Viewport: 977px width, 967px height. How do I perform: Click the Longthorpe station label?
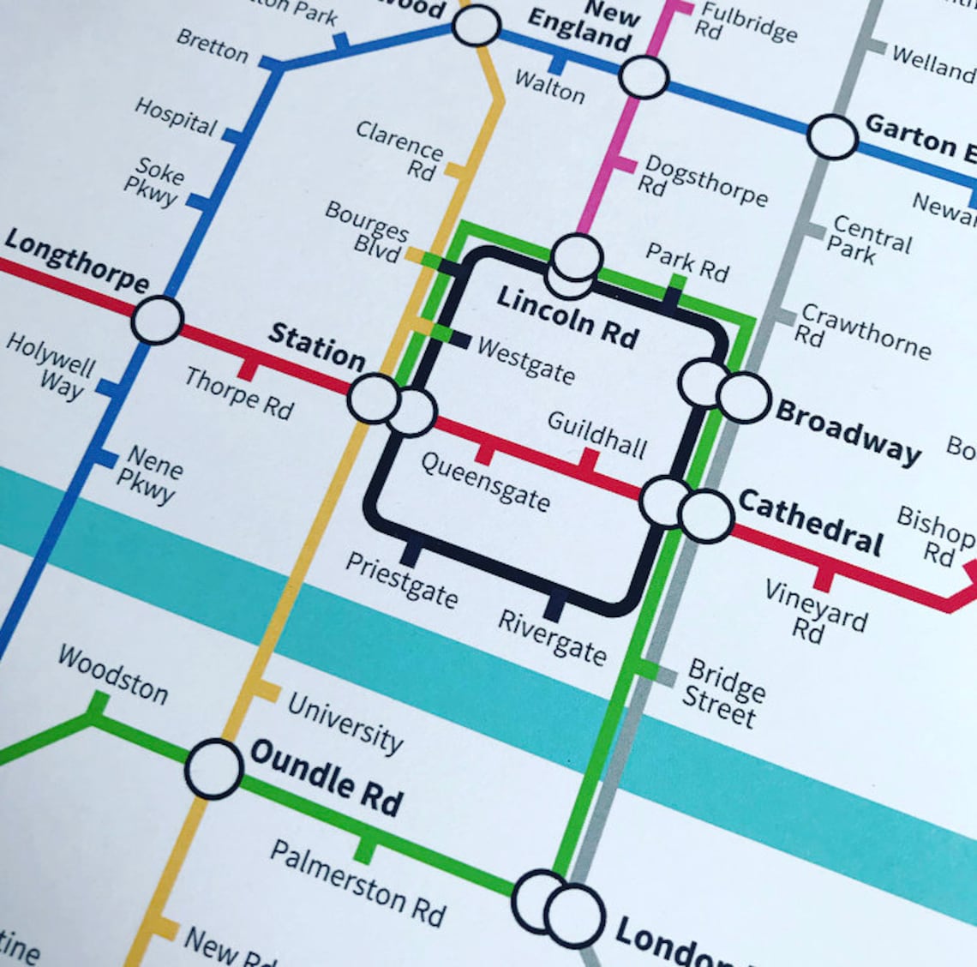pos(76,260)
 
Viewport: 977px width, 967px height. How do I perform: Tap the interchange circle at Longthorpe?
pos(157,320)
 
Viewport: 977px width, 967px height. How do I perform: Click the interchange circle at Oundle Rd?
pos(213,769)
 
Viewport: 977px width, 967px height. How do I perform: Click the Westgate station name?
pos(525,359)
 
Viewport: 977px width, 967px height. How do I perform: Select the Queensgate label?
pos(485,481)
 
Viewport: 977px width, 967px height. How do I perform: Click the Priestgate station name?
pos(401,580)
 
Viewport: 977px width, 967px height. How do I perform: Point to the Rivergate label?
pos(553,635)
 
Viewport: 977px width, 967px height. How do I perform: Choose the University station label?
pos(345,723)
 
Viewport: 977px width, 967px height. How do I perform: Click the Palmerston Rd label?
pos(358,882)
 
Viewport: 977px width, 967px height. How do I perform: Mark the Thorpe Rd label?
pos(239,393)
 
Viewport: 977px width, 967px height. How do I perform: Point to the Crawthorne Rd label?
pos(860,333)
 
